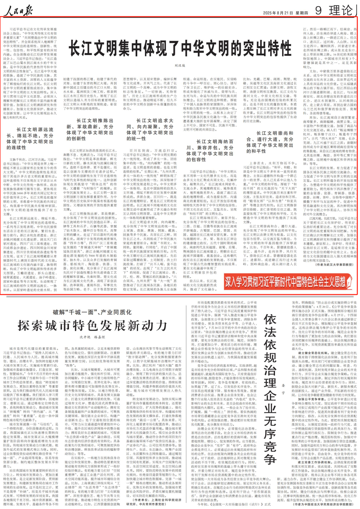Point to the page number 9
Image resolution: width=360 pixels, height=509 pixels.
318,10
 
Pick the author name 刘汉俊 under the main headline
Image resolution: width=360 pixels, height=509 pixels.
180,66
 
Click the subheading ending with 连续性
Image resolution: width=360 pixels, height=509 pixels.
30,139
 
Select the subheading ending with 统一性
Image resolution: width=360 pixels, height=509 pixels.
150,130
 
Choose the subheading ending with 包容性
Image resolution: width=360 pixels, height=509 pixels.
210,150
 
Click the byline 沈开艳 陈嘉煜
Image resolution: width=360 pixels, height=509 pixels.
92,337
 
